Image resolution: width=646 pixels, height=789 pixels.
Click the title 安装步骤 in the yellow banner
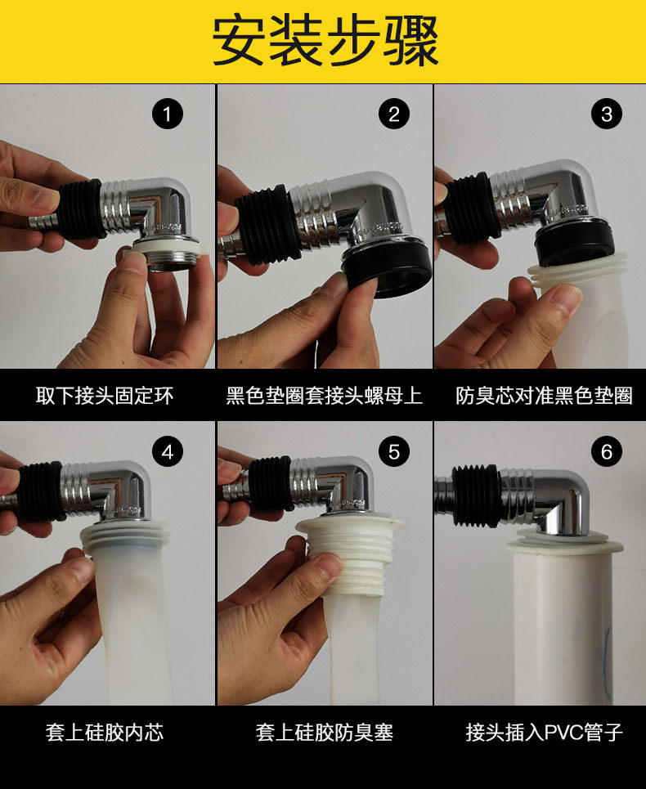pos(325,40)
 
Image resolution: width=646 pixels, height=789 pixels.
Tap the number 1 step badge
pos(168,114)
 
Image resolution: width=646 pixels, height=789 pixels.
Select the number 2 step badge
pos(394,114)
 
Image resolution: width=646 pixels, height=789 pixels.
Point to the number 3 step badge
pos(606,114)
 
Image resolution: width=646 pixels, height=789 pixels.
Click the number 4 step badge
pos(168,451)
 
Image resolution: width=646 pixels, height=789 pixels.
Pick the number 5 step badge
pos(394,451)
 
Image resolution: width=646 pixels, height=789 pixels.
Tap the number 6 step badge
pos(606,451)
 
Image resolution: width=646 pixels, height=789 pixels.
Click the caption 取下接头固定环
pos(105,396)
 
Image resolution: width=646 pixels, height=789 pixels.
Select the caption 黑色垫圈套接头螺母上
pos(324,396)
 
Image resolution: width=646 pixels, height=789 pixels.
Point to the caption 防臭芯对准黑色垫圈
pos(544,396)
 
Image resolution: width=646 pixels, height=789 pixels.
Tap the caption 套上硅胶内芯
pos(105,733)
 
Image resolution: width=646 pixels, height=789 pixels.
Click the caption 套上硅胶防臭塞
pos(324,733)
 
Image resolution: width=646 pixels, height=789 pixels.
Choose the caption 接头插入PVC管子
pos(545,733)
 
